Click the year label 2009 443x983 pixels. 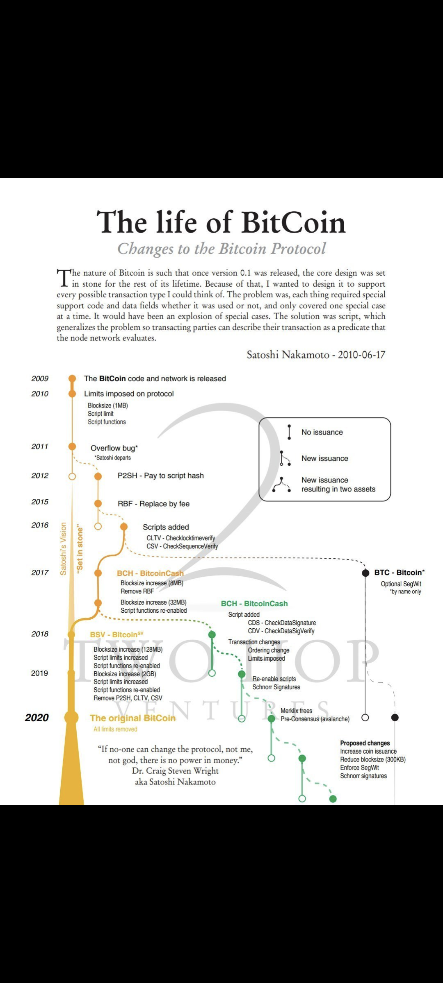coord(40,379)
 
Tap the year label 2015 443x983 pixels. coord(40,502)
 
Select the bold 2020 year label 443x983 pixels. coord(37,718)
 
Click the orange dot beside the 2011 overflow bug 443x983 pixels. coord(72,446)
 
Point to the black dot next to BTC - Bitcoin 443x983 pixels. coord(365,573)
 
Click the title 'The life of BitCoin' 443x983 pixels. coord(221,222)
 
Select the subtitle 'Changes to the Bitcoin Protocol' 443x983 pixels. coord(221,249)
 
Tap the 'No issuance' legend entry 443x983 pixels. coord(322,432)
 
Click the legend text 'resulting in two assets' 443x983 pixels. coord(338,489)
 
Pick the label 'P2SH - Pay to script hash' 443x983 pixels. coord(160,476)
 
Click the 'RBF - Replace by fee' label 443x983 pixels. coord(153,504)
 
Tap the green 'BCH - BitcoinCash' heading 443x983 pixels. coord(254,604)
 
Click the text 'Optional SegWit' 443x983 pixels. coord(401,584)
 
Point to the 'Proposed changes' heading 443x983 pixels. coord(365,743)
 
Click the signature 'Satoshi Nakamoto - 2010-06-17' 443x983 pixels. coord(316,355)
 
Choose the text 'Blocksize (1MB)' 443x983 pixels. coord(108,405)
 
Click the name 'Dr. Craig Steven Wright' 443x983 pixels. coord(175,771)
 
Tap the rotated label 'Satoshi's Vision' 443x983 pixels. coord(63,549)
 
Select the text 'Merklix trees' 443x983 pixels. coord(296,711)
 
